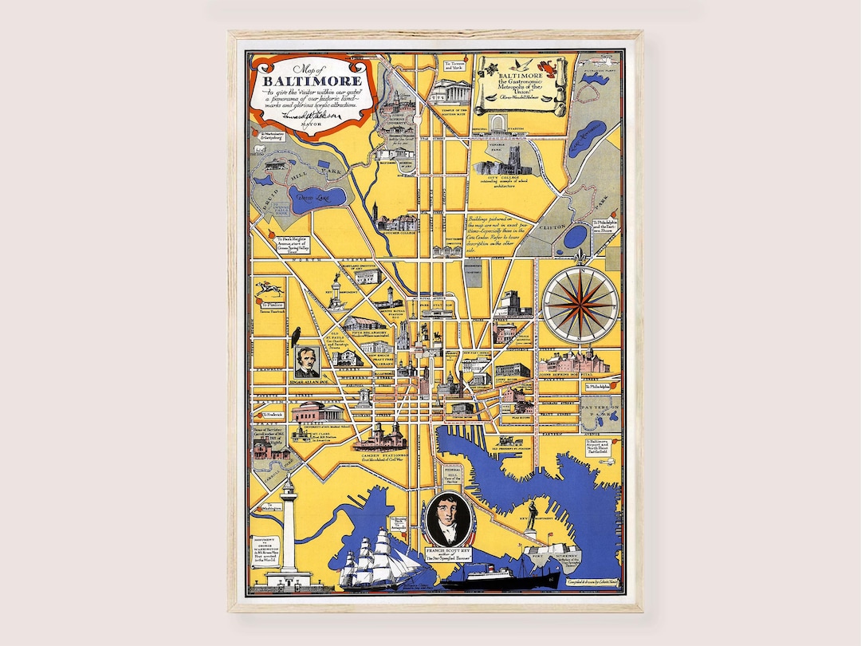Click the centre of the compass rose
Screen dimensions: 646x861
580,304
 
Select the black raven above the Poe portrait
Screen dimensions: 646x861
296,336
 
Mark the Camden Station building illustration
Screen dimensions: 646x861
380,435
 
